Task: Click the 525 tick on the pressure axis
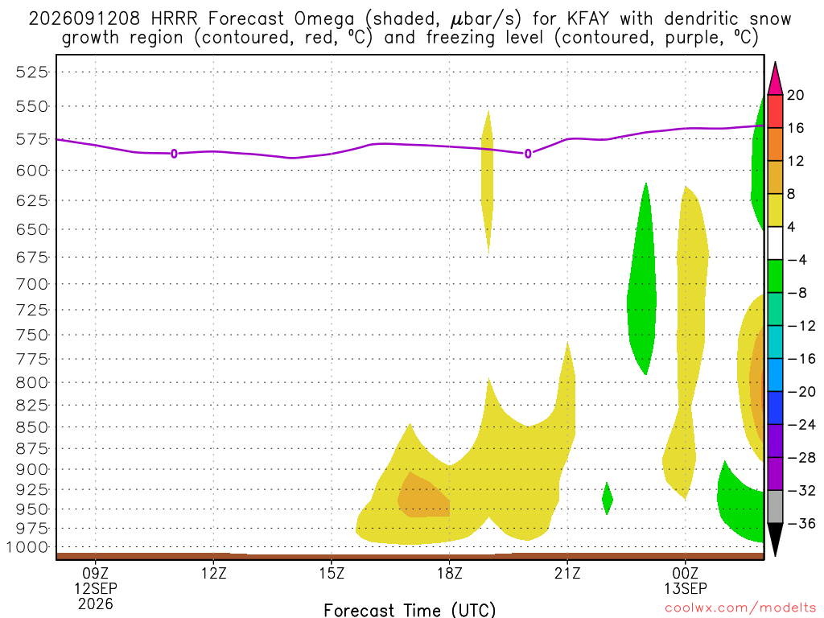tap(32, 72)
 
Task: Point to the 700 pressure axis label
tap(32, 284)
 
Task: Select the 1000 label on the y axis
tap(27, 547)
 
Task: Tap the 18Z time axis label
tap(449, 573)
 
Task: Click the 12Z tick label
tap(213, 573)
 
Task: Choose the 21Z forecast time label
tap(567, 573)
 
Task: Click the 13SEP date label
tap(686, 588)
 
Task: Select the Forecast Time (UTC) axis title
tap(410, 610)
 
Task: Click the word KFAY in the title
tap(588, 19)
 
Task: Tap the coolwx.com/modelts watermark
tap(740, 608)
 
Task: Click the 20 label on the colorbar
tap(796, 95)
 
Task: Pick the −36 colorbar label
tap(801, 523)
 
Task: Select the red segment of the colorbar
tap(775, 111)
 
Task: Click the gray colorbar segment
tap(775, 507)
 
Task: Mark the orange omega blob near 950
tap(422, 496)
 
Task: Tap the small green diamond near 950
tap(607, 498)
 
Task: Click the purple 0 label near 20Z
tap(528, 154)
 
